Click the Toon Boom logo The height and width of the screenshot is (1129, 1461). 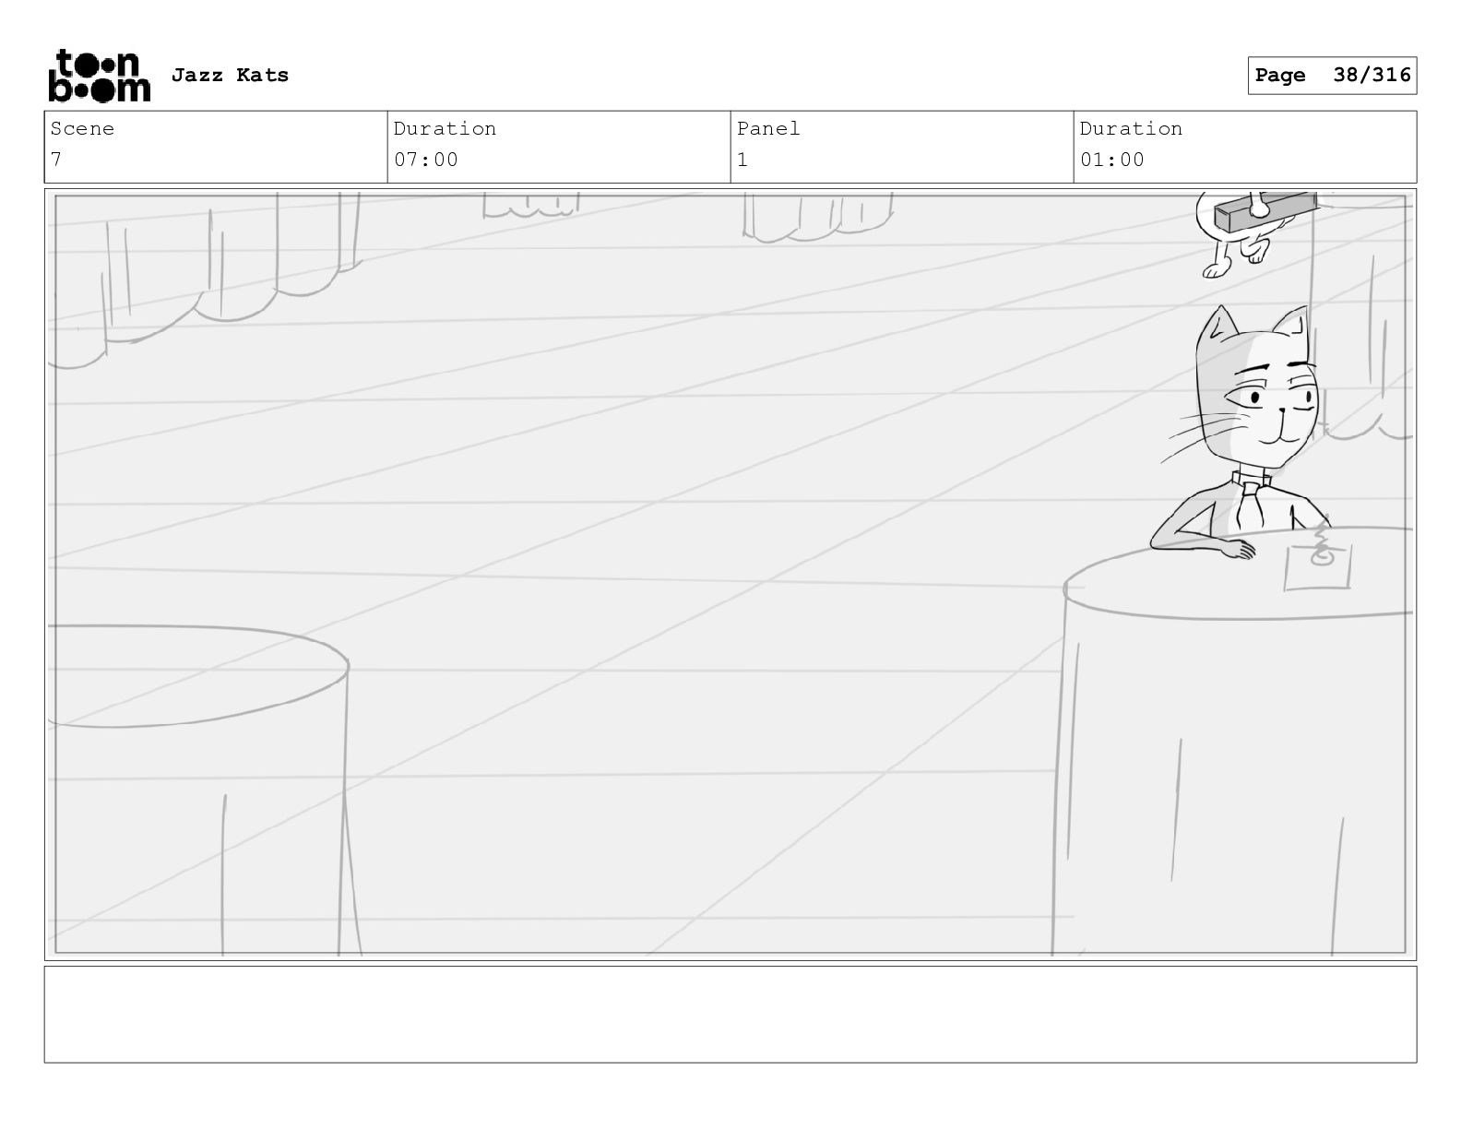[100, 76]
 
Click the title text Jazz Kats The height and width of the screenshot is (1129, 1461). [230, 75]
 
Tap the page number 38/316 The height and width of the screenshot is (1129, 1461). [1372, 75]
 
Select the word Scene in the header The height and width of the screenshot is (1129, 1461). [82, 128]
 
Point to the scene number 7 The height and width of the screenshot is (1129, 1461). [56, 160]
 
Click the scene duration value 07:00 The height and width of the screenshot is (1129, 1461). [425, 160]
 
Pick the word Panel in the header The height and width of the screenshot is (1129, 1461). [767, 128]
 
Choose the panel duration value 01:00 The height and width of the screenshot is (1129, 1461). [1111, 160]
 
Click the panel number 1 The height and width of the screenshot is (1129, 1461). [742, 160]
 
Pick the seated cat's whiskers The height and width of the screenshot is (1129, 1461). [1204, 434]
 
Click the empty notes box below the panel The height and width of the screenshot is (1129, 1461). [730, 1014]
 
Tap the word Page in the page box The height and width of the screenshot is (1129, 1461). [1280, 75]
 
